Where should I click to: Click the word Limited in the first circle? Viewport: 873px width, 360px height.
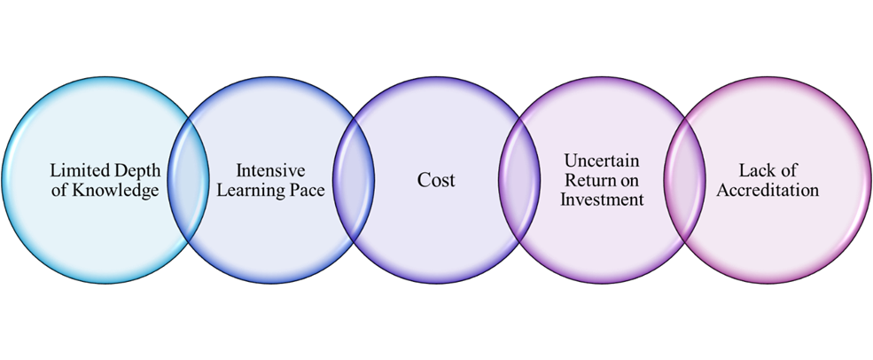[74, 171]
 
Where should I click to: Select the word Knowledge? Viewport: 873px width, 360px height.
[115, 191]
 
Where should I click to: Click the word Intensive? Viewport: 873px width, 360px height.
[270, 171]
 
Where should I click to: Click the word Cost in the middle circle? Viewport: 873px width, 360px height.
[436, 181]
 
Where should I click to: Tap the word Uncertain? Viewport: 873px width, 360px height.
[602, 161]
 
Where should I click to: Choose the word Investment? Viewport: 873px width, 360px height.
[602, 200]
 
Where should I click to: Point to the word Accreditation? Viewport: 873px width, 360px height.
[768, 191]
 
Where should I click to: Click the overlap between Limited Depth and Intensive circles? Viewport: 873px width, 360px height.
[188, 180]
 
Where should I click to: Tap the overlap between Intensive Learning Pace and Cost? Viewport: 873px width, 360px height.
[354, 180]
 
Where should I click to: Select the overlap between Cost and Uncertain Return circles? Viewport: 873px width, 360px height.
[519, 180]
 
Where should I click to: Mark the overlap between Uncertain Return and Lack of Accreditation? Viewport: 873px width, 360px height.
[684, 180]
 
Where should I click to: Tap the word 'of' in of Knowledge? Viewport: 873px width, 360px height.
[58, 191]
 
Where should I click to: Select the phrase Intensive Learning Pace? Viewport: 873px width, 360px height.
[270, 181]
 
